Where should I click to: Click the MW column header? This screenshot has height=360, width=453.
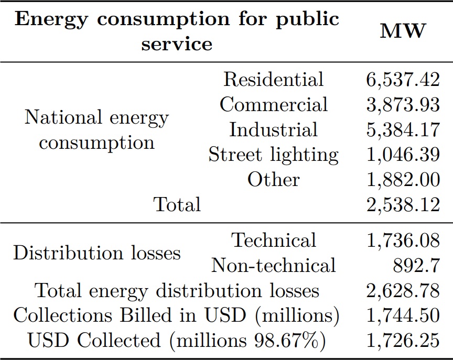pos(402,31)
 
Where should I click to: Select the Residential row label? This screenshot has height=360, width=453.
pos(273,80)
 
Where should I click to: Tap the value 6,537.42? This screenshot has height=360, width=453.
pos(402,80)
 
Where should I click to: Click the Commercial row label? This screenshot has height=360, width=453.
pos(273,104)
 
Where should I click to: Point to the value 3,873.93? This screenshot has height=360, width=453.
pos(402,104)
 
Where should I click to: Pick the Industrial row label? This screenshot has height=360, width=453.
pos(273,129)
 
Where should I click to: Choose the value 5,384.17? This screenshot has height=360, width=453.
pos(402,129)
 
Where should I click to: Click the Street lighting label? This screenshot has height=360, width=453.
pos(273,155)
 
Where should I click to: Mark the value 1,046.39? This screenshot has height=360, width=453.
pos(402,155)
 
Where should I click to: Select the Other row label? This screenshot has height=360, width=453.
pos(273,180)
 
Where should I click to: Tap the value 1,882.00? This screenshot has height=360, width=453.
pos(402,180)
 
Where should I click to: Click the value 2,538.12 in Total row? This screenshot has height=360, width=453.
pos(402,204)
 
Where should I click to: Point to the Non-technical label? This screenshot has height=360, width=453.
pos(273,266)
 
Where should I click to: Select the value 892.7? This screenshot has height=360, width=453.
pos(416,266)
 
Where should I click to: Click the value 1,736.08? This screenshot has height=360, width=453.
pos(402,241)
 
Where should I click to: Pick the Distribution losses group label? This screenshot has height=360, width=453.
pos(96,253)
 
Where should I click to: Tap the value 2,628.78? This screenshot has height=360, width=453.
pos(402,290)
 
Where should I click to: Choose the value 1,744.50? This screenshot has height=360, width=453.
pos(402,315)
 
